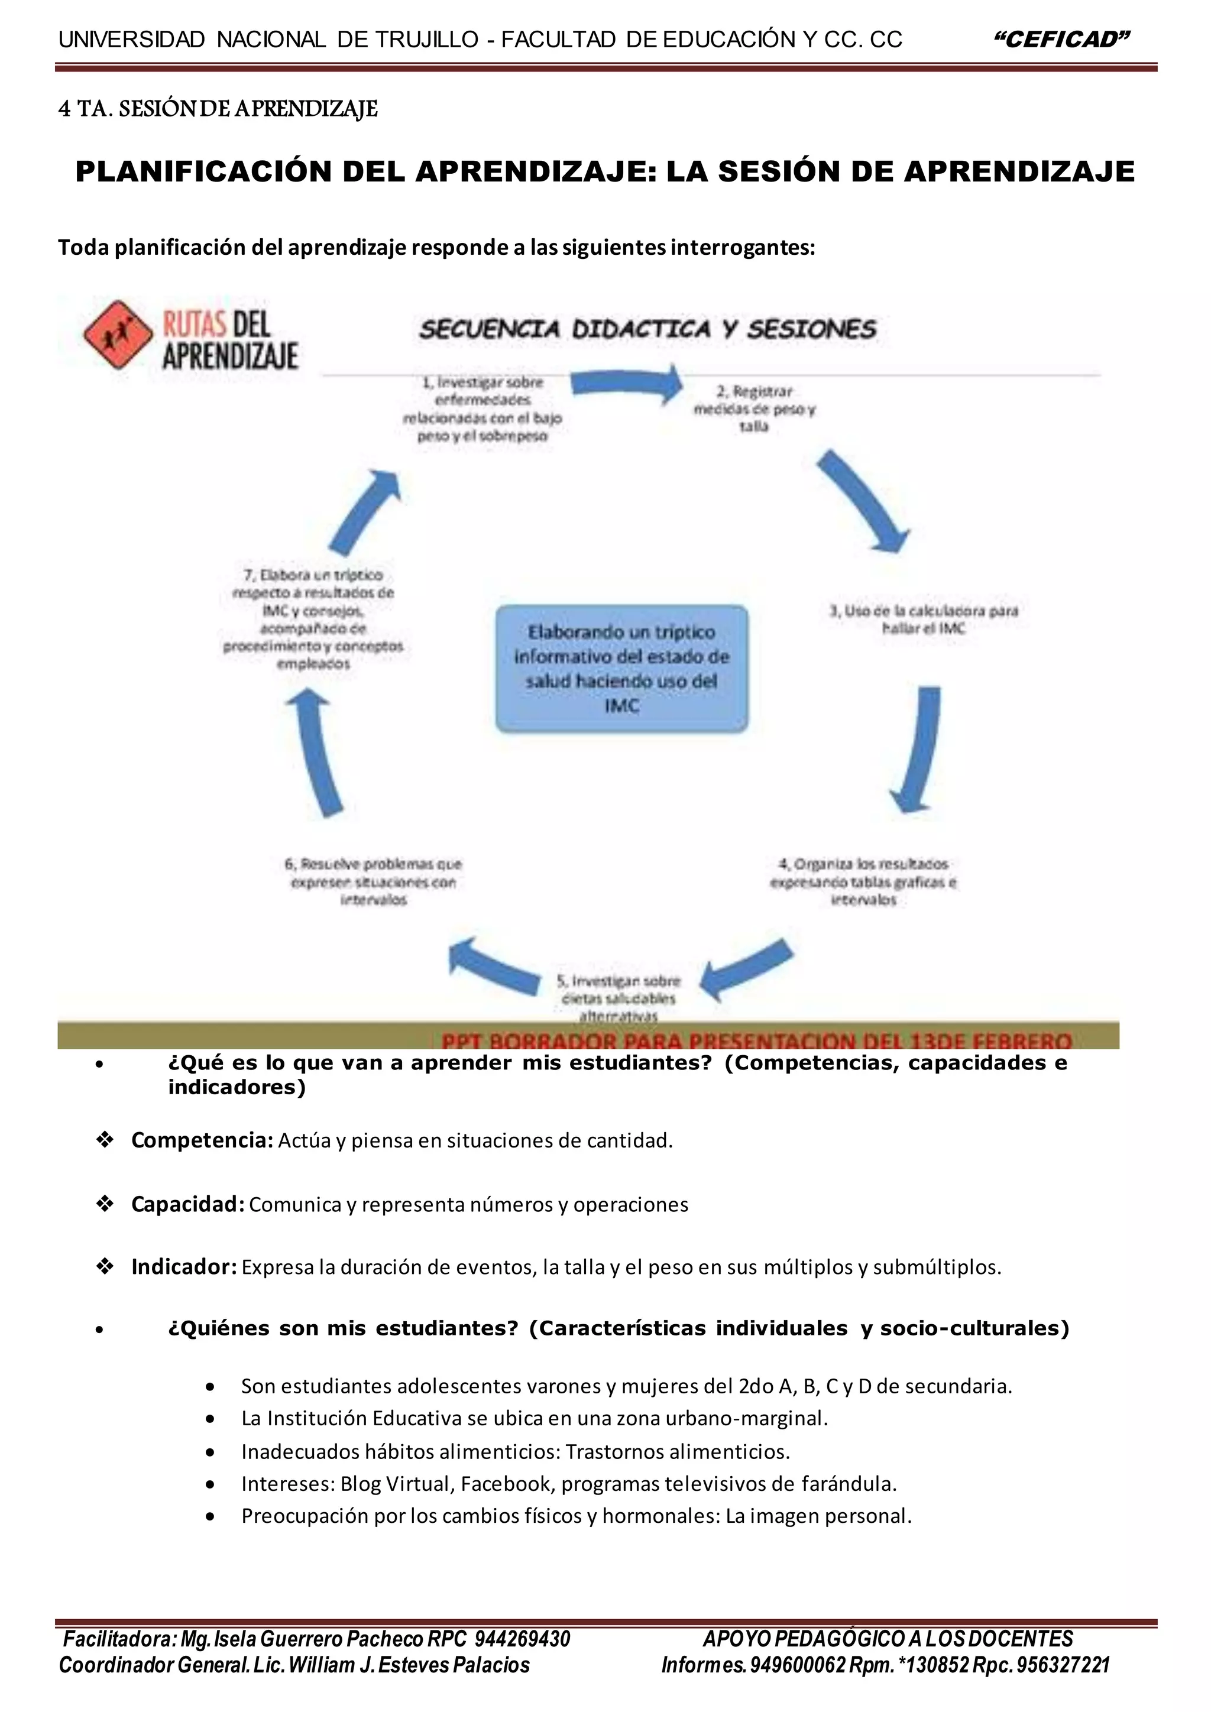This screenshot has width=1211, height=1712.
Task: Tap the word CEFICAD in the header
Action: pos(1063,40)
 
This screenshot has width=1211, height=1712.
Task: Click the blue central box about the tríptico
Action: pos(621,668)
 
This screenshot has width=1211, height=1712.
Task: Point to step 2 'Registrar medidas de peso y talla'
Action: pos(754,408)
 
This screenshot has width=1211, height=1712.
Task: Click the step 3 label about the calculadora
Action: pos(923,619)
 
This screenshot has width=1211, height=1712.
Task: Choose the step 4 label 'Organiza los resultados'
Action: pos(863,881)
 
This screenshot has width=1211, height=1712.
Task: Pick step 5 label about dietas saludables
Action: pos(618,998)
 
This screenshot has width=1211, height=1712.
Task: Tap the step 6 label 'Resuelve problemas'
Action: pos(373,881)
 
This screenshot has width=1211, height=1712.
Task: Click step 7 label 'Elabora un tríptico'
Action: pos(313,619)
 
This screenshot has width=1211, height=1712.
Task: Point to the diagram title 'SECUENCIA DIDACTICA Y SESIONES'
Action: pos(647,329)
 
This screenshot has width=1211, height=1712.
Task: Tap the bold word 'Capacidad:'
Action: pos(187,1204)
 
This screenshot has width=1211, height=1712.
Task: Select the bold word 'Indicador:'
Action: pos(184,1267)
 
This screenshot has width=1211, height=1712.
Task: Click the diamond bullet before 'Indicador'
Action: pos(105,1267)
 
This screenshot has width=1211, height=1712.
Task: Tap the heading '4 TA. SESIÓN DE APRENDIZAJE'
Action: pos(218,109)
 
